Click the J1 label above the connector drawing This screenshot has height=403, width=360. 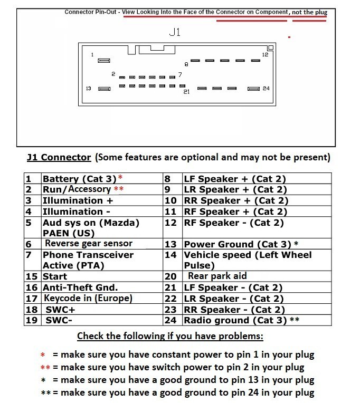pyautogui.click(x=175, y=32)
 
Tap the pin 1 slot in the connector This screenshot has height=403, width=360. pyautogui.click(x=104, y=61)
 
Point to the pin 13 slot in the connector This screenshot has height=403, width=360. pyautogui.click(x=104, y=89)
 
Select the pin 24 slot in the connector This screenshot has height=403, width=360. pyautogui.click(x=254, y=89)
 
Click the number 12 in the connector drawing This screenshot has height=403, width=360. pyautogui.click(x=265, y=55)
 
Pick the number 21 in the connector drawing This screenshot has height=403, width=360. pyautogui.click(x=186, y=92)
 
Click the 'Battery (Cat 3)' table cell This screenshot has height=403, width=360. pyautogui.click(x=79, y=179)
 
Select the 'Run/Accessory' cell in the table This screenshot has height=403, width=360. pyautogui.click(x=77, y=189)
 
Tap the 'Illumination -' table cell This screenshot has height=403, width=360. pyautogui.click(x=73, y=212)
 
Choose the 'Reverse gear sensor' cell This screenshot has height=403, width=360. pyautogui.click(x=88, y=244)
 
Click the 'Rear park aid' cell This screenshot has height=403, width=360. pyautogui.click(x=217, y=276)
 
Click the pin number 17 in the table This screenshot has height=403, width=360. pyautogui.click(x=32, y=299)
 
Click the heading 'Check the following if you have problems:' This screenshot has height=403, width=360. pyautogui.click(x=170, y=336)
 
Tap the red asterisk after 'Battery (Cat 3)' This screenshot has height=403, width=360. pyautogui.click(x=120, y=178)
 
